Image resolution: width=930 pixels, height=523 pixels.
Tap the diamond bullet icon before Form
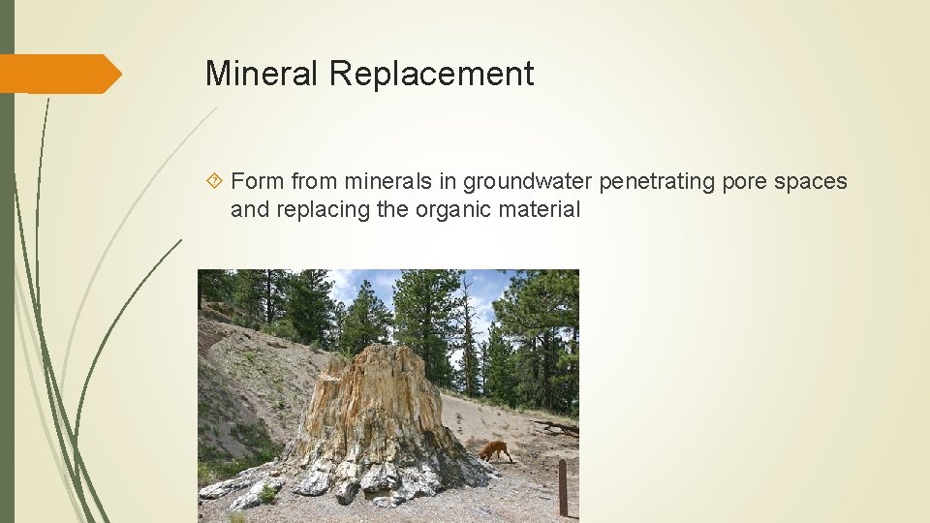(215, 181)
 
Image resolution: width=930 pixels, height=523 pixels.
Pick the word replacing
(318, 208)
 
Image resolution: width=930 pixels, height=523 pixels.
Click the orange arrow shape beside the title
(60, 74)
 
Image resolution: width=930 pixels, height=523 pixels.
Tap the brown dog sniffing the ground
(495, 450)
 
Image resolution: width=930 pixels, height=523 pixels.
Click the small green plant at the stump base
(268, 494)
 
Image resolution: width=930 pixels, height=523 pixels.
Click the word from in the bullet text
(311, 181)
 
